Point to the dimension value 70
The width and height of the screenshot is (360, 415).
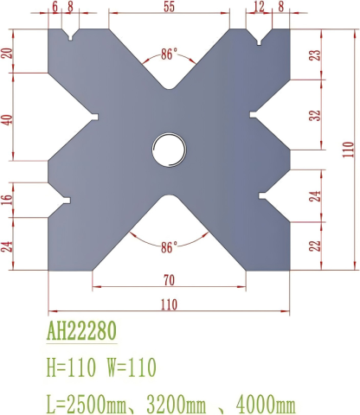[168, 278]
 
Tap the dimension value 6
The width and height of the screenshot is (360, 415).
[55, 7]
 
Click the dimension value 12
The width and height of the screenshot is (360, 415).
[259, 7]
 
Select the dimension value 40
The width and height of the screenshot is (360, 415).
[9, 118]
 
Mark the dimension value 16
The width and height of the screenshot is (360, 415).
[9, 200]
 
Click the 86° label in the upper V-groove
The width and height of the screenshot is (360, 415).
[170, 54]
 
